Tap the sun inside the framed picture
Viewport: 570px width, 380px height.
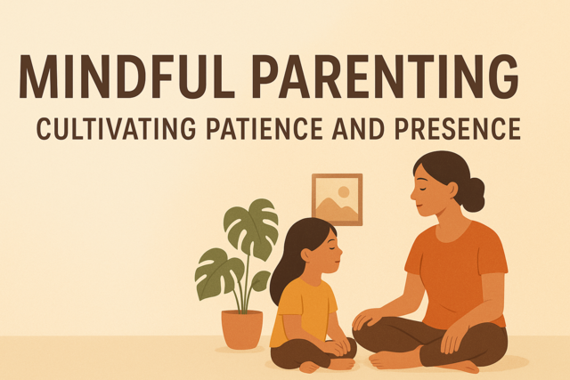pos(344,191)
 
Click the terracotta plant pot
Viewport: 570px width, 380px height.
pos(241,328)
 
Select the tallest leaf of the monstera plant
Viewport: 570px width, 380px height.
pos(250,227)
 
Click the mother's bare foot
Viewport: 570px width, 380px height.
pos(395,360)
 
